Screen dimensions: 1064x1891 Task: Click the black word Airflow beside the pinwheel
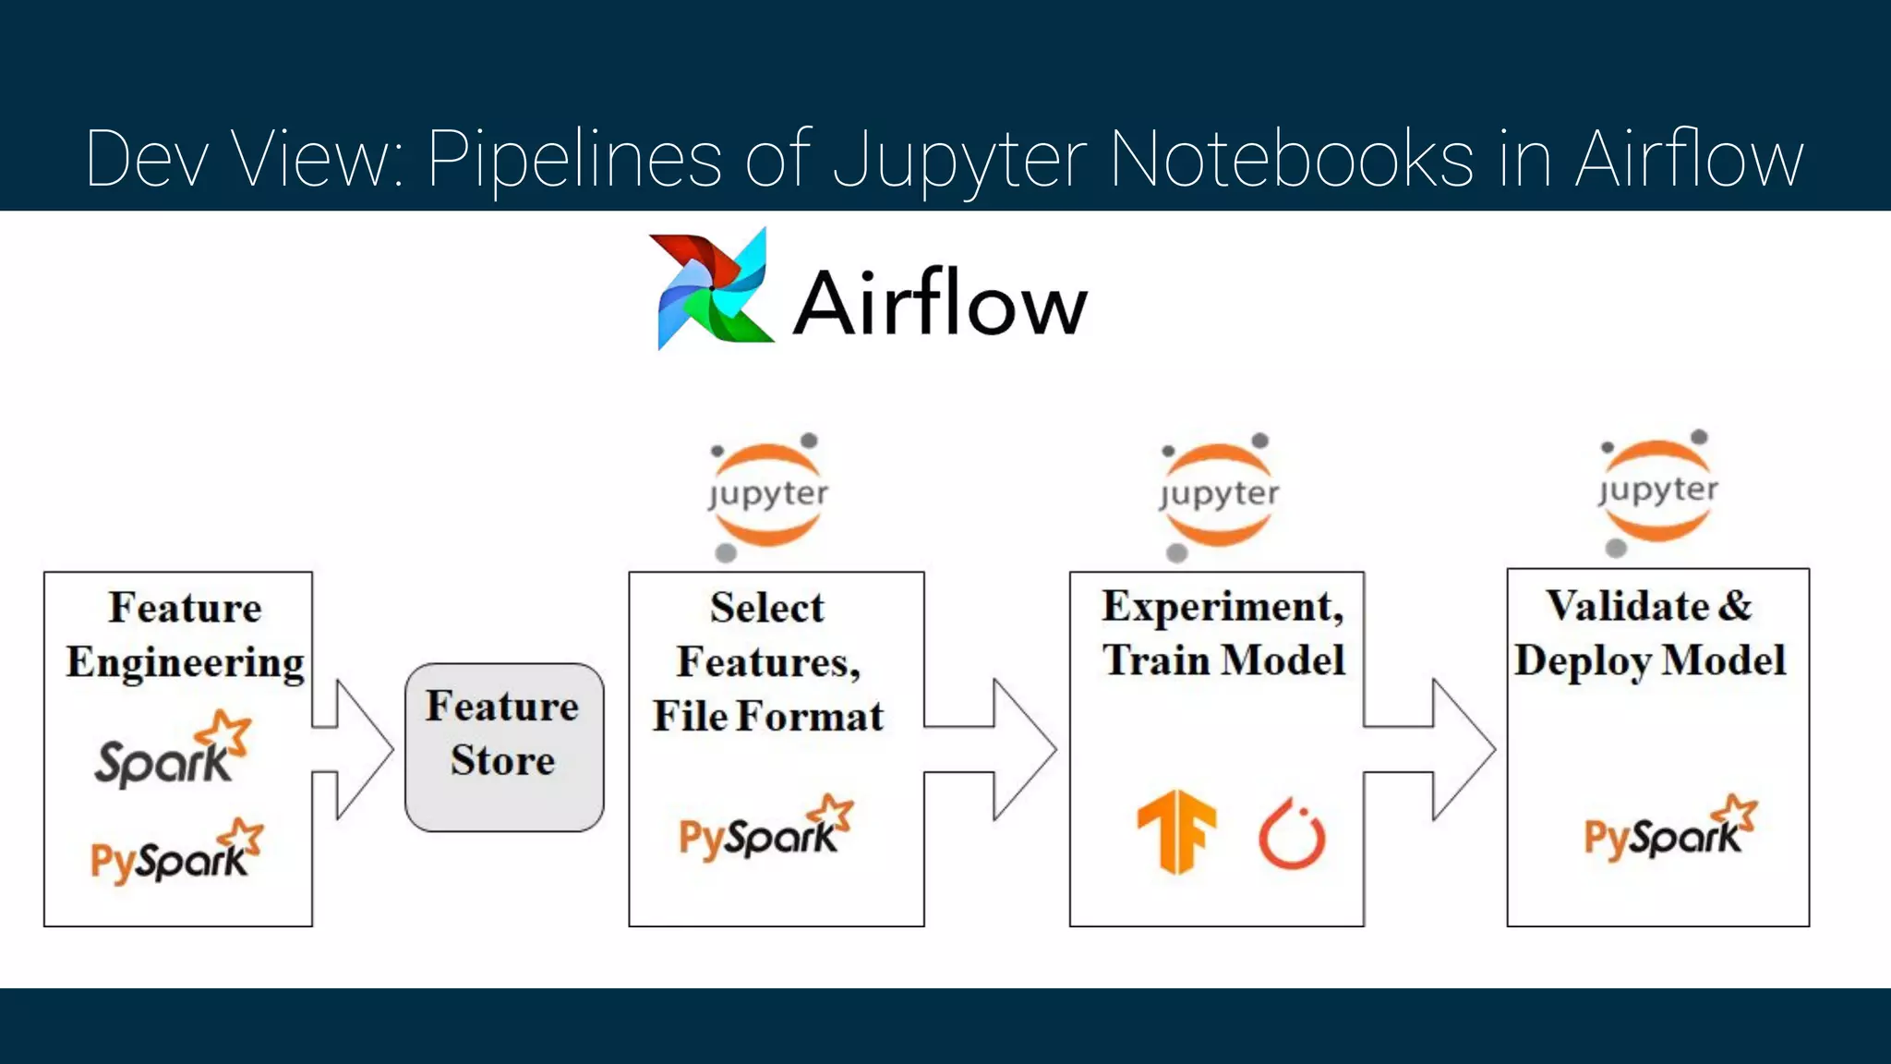[940, 303]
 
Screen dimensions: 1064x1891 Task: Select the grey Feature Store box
[504, 746]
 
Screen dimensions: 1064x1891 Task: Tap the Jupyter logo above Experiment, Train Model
[1218, 495]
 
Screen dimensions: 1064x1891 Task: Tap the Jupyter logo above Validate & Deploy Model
[1657, 491]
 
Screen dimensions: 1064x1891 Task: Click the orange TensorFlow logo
[1176, 830]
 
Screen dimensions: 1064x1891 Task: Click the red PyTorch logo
[1292, 834]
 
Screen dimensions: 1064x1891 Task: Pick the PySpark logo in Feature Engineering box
[176, 852]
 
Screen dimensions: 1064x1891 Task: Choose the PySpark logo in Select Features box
[765, 829]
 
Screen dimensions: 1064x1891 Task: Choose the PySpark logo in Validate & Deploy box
[1670, 829]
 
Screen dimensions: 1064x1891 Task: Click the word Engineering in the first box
[185, 663]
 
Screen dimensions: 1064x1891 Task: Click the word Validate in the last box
[1627, 606]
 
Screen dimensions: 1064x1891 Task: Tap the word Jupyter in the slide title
[960, 160]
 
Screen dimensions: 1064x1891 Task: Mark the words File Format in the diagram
[767, 717]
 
